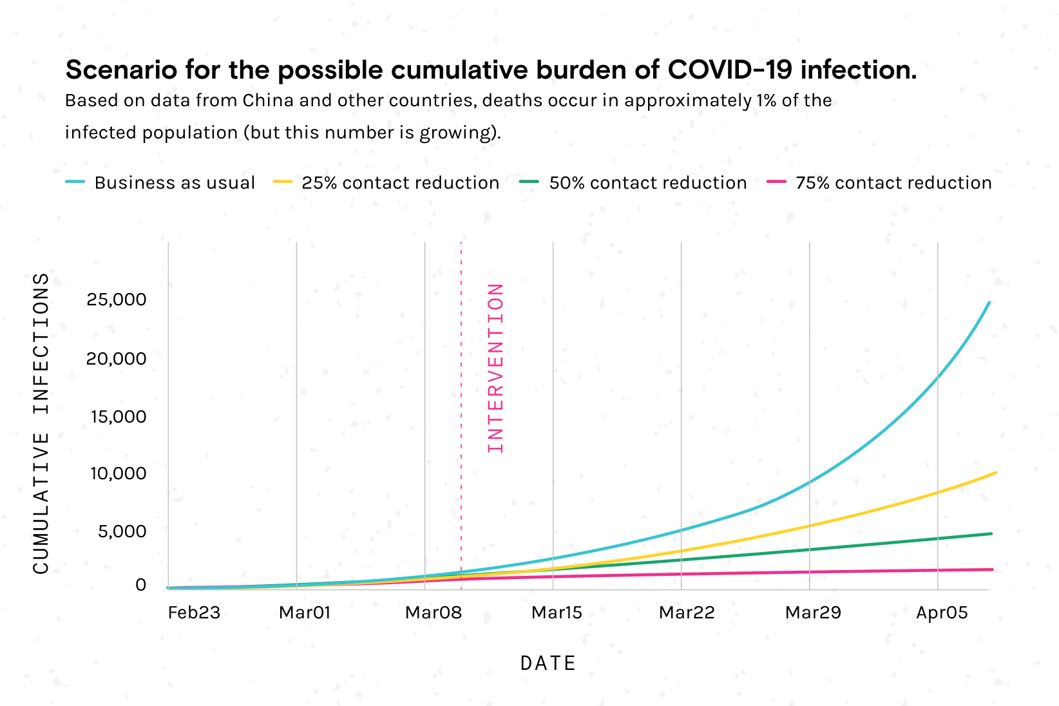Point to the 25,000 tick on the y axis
click(x=117, y=300)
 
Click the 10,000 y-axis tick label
click(x=118, y=474)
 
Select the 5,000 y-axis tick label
click(x=122, y=532)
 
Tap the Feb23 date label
click(x=194, y=613)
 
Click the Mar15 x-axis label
click(x=557, y=613)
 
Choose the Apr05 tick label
click(x=942, y=613)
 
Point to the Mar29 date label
click(x=813, y=613)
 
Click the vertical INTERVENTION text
click(x=495, y=368)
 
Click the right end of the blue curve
click(x=989, y=302)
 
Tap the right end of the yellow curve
click(x=995, y=473)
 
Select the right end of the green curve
click(x=991, y=533)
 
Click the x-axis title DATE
click(x=548, y=663)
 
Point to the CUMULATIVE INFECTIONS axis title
click(x=41, y=423)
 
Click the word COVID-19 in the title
click(x=729, y=70)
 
